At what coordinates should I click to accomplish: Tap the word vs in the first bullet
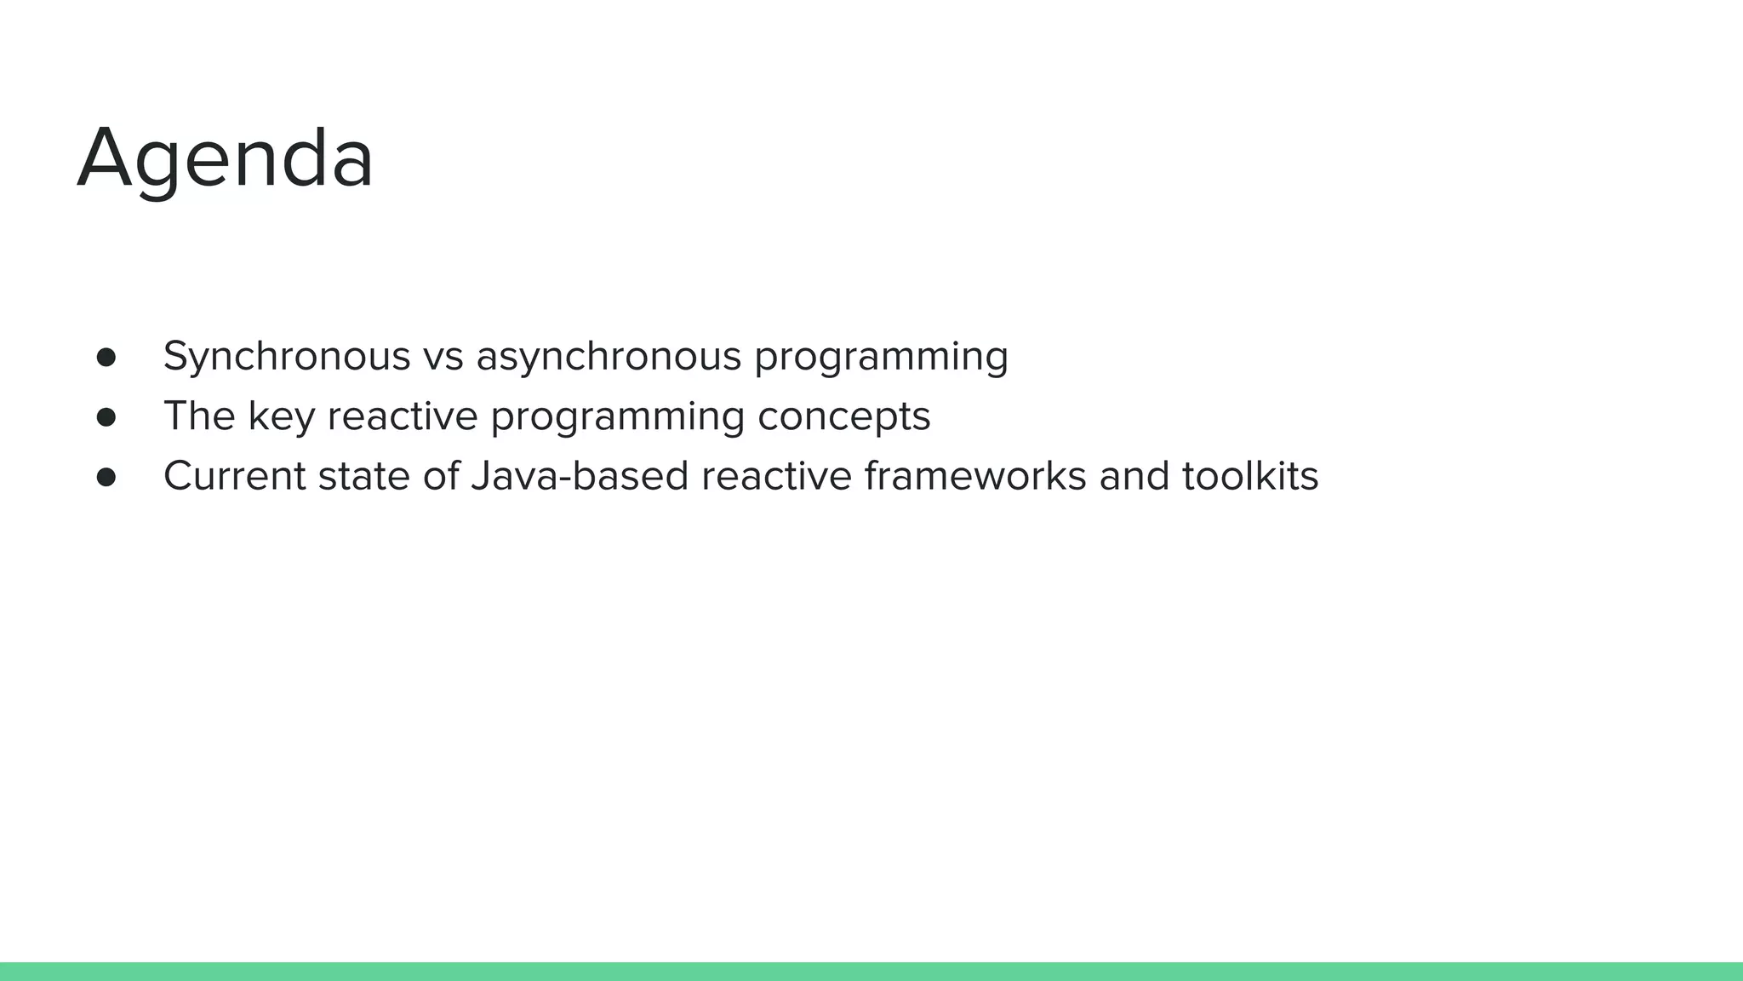point(443,356)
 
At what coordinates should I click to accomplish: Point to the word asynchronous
point(609,356)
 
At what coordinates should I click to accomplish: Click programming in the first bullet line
point(881,356)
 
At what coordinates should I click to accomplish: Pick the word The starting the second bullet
point(199,416)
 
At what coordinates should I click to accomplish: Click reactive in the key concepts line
point(403,416)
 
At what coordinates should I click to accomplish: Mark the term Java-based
point(580,476)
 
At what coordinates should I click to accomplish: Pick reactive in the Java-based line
point(776,476)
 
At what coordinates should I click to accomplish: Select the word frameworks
point(975,476)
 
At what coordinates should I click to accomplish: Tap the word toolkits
point(1250,476)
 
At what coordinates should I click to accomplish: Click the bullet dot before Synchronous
point(106,357)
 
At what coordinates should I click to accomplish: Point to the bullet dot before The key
point(106,417)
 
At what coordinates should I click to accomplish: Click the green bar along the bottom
point(871,972)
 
